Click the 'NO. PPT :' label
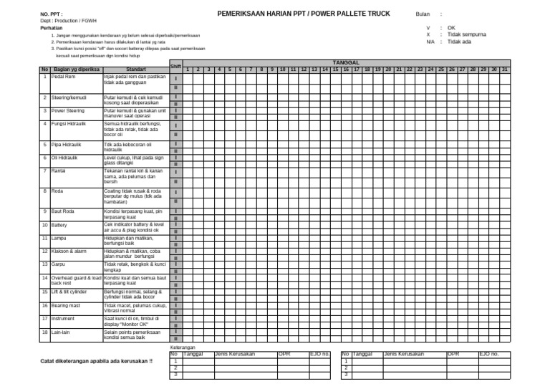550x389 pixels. click(x=52, y=14)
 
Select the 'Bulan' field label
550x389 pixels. click(x=423, y=14)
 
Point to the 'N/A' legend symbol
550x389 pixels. click(x=430, y=42)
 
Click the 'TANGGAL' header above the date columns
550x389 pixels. click(x=347, y=62)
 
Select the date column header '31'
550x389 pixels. click(x=504, y=69)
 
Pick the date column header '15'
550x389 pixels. click(x=336, y=69)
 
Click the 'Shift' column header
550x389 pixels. click(x=176, y=66)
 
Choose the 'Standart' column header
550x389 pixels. click(x=135, y=69)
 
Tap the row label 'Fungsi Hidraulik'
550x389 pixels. click(x=67, y=123)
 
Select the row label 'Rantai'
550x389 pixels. click(x=59, y=171)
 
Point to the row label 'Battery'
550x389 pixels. click(x=59, y=224)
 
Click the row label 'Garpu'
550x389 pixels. click(x=58, y=264)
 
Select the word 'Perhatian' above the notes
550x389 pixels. click(x=52, y=27)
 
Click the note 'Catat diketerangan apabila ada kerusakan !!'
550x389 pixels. click(x=96, y=362)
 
